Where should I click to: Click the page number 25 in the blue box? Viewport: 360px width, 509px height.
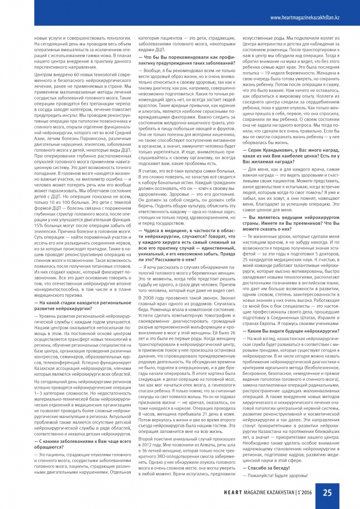pos(328,492)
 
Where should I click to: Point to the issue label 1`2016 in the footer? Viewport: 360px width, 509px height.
pos(305,493)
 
